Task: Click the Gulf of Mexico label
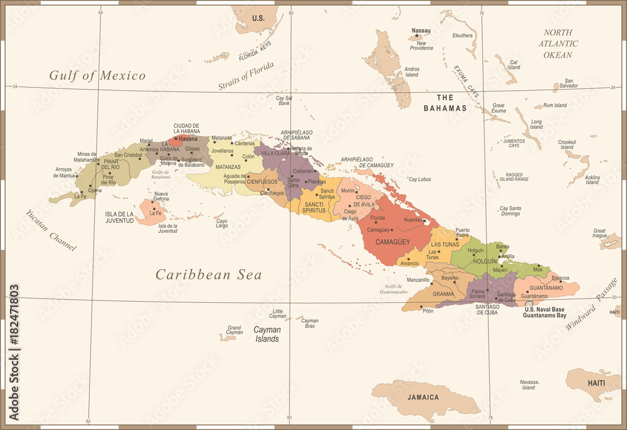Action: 97,76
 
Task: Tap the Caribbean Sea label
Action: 209,274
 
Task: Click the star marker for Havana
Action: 176,138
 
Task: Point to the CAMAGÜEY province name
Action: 393,242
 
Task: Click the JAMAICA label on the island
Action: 422,397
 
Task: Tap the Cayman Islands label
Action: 266,334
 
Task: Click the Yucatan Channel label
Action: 51,229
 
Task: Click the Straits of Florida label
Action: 246,76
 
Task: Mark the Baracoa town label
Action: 560,278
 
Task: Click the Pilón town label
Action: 428,311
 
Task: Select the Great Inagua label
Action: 599,233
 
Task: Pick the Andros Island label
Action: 411,71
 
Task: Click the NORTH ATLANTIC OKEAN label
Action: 557,44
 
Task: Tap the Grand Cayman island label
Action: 234,330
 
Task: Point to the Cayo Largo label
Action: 221,223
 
